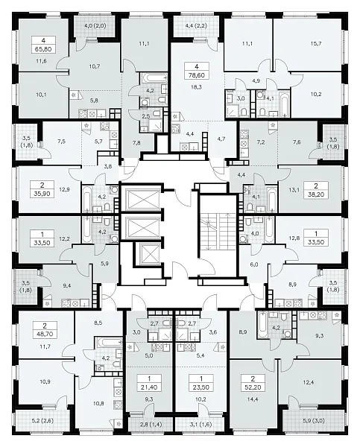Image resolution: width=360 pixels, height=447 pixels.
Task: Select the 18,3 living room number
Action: (x=196, y=87)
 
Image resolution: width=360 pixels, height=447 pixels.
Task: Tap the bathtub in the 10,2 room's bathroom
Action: (x=284, y=104)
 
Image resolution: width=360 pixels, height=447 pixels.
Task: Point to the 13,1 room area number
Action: (x=293, y=190)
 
